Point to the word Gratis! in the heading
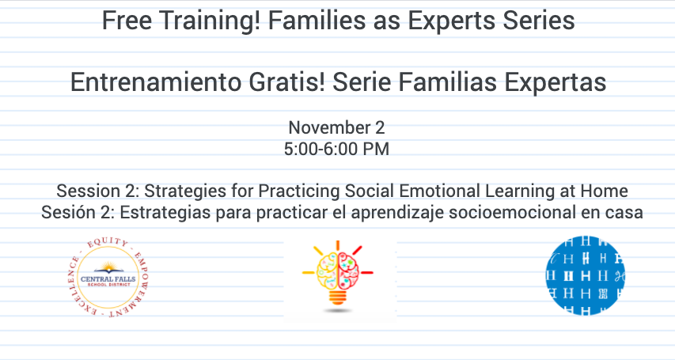pyautogui.click(x=286, y=81)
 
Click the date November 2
pyautogui.click(x=336, y=127)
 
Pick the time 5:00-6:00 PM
pyautogui.click(x=336, y=149)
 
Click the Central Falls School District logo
pyautogui.click(x=108, y=278)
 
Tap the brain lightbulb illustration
pyautogui.click(x=338, y=276)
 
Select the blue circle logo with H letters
pyautogui.click(x=585, y=275)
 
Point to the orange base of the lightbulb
pyautogui.click(x=338, y=297)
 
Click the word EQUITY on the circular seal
pyautogui.click(x=108, y=243)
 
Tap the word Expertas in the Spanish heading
pyautogui.click(x=556, y=82)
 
